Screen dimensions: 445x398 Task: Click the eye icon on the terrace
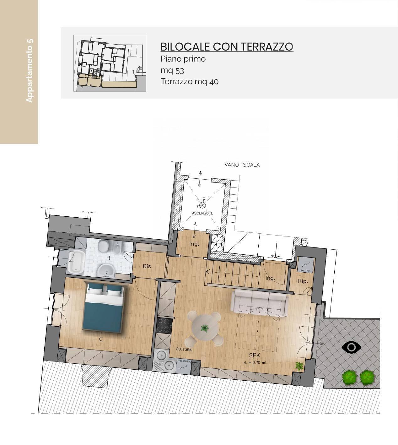click(x=352, y=347)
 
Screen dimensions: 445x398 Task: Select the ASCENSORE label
click(x=202, y=213)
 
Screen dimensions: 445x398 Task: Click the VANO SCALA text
click(x=242, y=165)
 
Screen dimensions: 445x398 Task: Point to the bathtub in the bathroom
click(x=75, y=261)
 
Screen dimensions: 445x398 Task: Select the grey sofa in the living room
click(x=260, y=302)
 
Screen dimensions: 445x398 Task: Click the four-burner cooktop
click(x=164, y=325)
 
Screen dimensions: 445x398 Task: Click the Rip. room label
click(x=303, y=281)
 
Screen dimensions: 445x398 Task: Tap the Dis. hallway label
click(x=148, y=266)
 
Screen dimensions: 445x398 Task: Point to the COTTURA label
click(x=184, y=349)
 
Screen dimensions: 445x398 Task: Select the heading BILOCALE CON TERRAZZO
click(x=227, y=46)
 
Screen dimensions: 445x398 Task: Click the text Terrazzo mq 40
click(x=190, y=82)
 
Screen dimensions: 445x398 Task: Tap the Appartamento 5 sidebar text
click(x=29, y=71)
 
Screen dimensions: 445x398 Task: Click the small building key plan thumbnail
click(x=110, y=63)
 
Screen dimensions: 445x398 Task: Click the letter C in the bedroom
click(x=101, y=339)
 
